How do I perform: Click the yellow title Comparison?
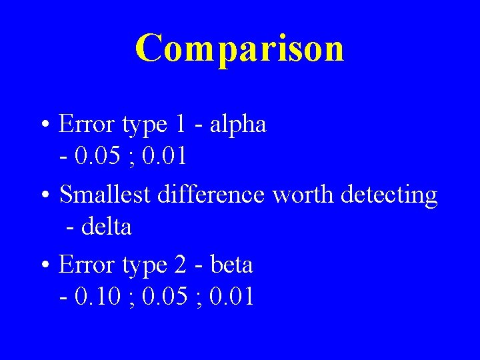coord(239,48)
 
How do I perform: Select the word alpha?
coord(238,124)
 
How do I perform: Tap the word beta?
coord(231,265)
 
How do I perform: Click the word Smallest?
coord(107,195)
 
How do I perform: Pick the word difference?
coord(213,195)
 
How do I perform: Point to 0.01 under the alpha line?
coord(164,157)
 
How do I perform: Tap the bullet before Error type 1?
coord(45,125)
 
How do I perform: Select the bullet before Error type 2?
coord(45,266)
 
